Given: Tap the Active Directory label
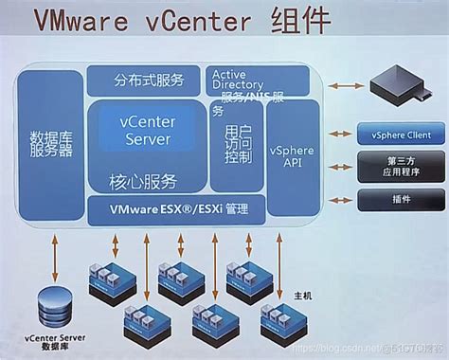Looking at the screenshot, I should coord(244,80).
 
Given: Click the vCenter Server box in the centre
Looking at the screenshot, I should coord(146,131).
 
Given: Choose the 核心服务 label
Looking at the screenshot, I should coord(146,179).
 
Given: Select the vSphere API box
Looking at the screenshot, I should coord(295,155).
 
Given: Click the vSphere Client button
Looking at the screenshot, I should coord(395,135).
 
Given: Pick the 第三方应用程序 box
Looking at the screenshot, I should coord(395,167).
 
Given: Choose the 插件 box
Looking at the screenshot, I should coord(395,199).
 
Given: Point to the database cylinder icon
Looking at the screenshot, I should coord(55,304).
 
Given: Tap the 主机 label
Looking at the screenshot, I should coord(302,297).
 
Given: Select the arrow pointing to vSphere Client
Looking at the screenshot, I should coord(338,135).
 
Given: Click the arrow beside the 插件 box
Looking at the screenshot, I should coord(338,199).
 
